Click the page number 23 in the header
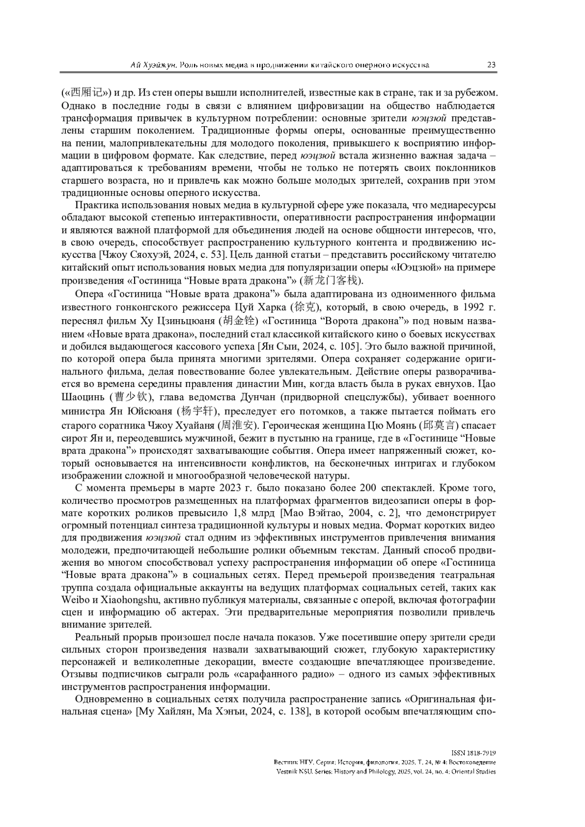click(491, 65)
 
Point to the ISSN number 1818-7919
click(482, 753)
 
